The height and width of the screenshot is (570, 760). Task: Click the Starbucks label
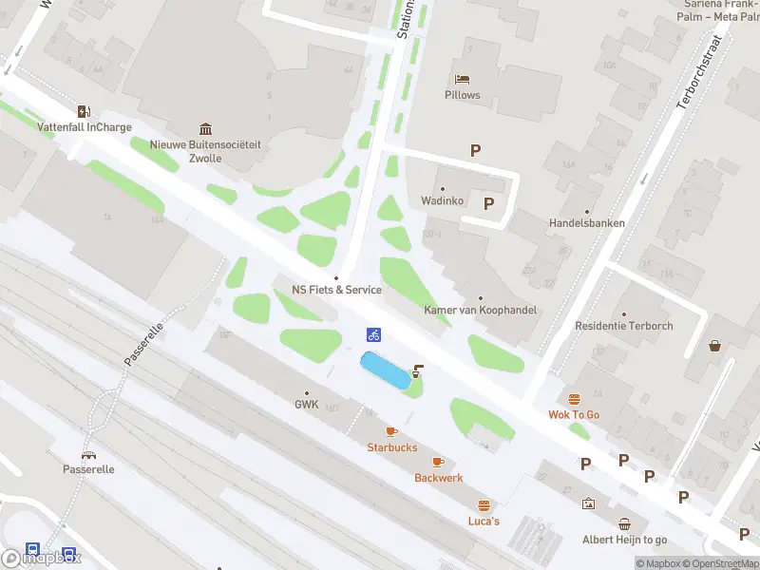coord(392,447)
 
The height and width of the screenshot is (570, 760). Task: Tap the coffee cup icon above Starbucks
coord(391,431)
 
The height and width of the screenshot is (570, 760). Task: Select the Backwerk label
coord(438,478)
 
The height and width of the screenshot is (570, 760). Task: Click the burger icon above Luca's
coord(484,504)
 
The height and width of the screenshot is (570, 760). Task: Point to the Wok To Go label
coord(574,414)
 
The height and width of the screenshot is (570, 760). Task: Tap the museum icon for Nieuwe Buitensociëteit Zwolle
coord(205,128)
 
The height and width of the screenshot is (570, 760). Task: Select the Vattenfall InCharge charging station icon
coord(84,110)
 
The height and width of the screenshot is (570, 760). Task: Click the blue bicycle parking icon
coord(374,333)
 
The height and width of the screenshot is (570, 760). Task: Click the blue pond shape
coord(385,370)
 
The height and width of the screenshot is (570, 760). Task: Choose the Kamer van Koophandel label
coord(480,311)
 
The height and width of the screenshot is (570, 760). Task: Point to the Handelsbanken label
coord(586,223)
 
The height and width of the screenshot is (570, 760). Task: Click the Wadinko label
coord(443,201)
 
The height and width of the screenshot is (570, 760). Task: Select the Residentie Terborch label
coord(623,326)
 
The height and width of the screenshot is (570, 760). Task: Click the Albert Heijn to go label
coord(624,540)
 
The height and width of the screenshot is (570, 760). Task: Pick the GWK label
coord(306,404)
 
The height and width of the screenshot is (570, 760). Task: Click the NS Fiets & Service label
coord(336,290)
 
